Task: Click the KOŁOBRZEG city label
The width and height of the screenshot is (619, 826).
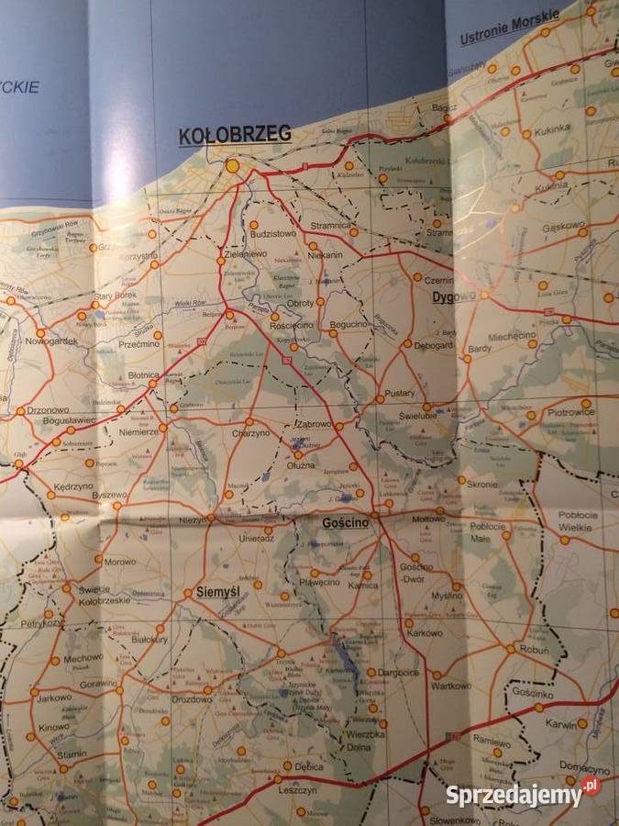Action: tap(235, 135)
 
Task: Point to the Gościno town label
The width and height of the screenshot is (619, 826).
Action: tap(346, 522)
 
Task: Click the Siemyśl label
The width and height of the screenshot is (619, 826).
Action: tap(217, 593)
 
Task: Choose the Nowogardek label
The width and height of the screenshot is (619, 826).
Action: tap(54, 341)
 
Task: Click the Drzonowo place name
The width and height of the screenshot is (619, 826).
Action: tap(50, 410)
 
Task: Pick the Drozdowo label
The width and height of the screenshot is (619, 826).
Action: tap(192, 699)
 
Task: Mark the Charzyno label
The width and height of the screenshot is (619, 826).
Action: tap(250, 433)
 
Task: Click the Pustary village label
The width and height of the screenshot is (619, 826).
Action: tap(400, 392)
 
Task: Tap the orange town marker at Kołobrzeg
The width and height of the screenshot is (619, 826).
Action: tap(233, 166)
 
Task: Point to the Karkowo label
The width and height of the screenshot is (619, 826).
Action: tap(425, 633)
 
